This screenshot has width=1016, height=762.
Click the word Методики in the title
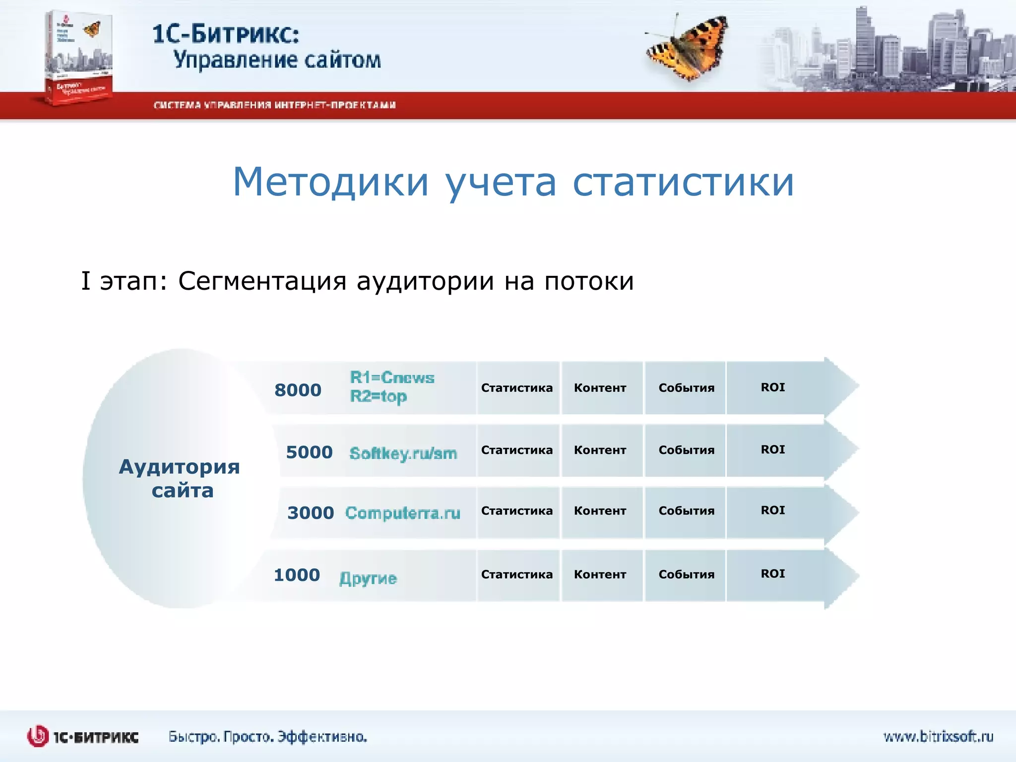(330, 182)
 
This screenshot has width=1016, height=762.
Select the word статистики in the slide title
(684, 182)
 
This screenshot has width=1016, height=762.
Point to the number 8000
(298, 390)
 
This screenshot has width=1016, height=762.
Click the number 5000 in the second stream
(309, 452)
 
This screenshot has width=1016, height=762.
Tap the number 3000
(311, 512)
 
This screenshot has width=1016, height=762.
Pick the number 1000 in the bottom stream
(297, 575)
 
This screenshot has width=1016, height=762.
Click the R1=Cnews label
(392, 378)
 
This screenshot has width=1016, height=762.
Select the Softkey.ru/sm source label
(403, 453)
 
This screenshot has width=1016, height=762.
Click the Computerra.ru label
(403, 512)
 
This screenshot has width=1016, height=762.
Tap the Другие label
(368, 578)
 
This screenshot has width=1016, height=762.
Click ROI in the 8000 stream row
(772, 387)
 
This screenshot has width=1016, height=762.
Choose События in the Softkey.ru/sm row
(686, 450)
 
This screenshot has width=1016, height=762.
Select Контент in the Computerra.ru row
(600, 510)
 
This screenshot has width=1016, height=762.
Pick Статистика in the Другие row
(516, 574)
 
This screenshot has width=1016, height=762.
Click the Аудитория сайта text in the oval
(180, 478)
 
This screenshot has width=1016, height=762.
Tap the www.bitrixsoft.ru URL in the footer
(938, 736)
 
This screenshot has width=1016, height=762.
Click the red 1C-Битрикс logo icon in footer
(37, 736)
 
